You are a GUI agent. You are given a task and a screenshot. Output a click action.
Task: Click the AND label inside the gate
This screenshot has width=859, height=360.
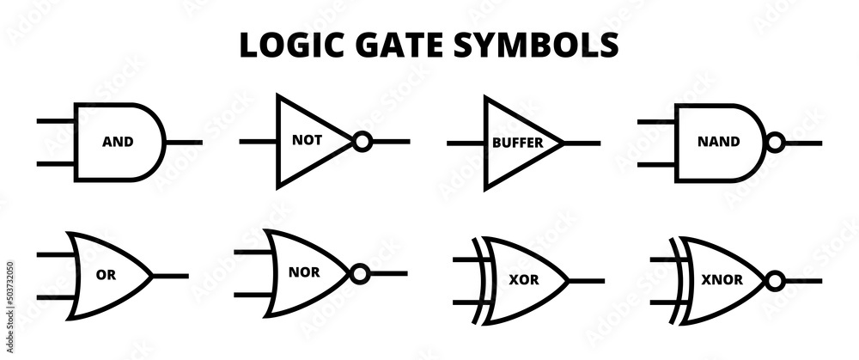[118, 142]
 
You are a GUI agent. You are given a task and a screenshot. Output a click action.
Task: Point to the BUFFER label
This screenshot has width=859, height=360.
[517, 143]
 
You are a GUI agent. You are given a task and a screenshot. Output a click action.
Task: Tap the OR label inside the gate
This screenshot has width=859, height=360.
[106, 276]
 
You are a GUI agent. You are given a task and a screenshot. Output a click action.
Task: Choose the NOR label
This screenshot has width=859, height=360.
[308, 273]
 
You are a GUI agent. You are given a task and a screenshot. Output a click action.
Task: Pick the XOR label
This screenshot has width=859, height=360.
[524, 280]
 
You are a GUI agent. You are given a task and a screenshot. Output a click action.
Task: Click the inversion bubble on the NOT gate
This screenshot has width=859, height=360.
[362, 142]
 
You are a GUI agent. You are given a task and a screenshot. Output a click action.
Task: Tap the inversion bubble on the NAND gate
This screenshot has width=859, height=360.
[775, 143]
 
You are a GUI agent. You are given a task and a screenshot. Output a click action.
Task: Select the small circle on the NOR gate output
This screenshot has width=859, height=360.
[360, 274]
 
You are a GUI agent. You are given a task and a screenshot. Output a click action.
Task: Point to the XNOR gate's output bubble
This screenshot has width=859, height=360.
[776, 280]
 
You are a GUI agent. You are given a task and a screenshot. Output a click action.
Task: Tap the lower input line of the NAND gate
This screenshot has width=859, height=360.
[657, 162]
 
